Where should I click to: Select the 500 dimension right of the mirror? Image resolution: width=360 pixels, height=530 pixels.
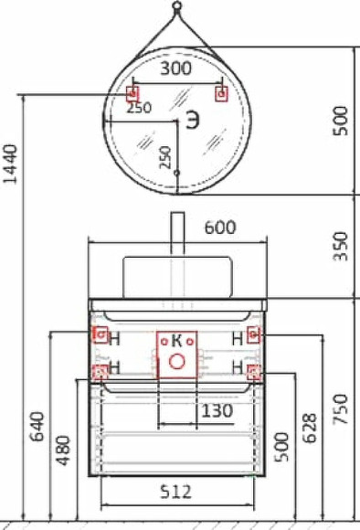point(341,120)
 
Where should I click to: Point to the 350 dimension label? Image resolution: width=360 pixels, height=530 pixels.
point(341,246)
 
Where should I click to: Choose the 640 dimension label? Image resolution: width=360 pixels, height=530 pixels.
point(37,427)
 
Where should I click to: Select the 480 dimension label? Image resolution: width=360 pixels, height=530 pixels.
point(62,449)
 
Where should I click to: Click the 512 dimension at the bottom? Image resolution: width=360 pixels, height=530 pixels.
point(175,492)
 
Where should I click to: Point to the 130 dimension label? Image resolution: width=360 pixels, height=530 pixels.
point(216,411)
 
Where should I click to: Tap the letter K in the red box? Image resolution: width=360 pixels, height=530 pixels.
point(178,341)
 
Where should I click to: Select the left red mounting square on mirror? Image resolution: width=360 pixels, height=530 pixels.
point(132,93)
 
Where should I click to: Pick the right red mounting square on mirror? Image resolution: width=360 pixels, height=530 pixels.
point(219,93)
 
